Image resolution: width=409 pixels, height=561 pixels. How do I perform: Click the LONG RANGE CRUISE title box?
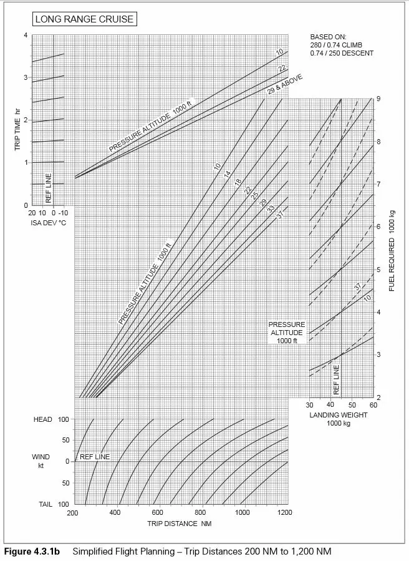point(84,19)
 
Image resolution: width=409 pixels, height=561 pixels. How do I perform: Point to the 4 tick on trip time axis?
point(26,35)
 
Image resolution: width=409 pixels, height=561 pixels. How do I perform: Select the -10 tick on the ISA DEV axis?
point(63,213)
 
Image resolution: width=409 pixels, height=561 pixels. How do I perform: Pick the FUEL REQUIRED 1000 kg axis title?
point(392,250)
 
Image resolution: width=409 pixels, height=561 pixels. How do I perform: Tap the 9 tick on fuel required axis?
point(378,99)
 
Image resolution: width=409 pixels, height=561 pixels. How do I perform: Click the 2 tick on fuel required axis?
point(378,398)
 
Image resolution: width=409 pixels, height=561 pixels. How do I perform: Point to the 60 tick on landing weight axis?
point(373,406)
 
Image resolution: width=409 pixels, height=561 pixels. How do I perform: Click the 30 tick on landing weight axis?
point(310,406)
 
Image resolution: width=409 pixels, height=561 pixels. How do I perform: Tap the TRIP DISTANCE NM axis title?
point(180,524)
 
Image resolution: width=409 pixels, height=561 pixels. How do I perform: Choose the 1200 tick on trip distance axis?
point(284,512)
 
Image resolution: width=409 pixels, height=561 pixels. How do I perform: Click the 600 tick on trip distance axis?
point(157,512)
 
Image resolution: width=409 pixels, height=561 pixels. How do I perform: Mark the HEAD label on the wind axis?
point(43,420)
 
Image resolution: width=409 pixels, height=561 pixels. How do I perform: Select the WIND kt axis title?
point(41,461)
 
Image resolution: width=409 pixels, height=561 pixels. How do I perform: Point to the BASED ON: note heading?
point(328,37)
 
